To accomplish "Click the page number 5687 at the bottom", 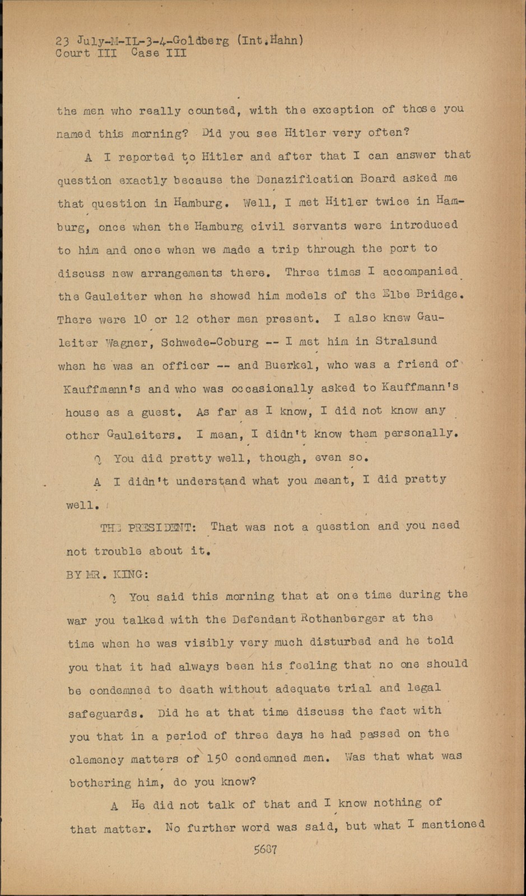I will coord(266,849).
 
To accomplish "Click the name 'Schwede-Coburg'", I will coord(210,343).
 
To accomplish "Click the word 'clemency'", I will coord(96,760).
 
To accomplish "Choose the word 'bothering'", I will coord(100,783).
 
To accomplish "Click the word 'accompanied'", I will coord(420,272).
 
